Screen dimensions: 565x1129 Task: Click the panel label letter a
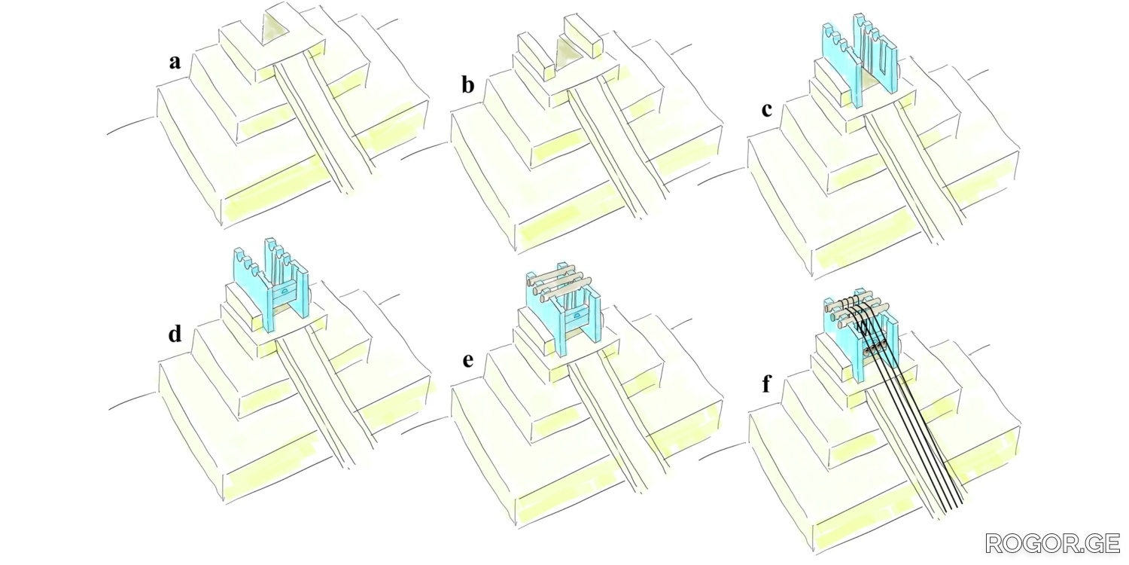pyautogui.click(x=175, y=62)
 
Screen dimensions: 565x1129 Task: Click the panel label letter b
pyautogui.click(x=467, y=84)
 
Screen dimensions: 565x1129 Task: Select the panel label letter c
pyautogui.click(x=766, y=109)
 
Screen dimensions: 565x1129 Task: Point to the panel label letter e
pyautogui.click(x=468, y=359)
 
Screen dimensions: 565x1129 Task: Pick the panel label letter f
pyautogui.click(x=766, y=385)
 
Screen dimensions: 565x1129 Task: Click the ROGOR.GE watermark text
pyautogui.click(x=1051, y=544)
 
